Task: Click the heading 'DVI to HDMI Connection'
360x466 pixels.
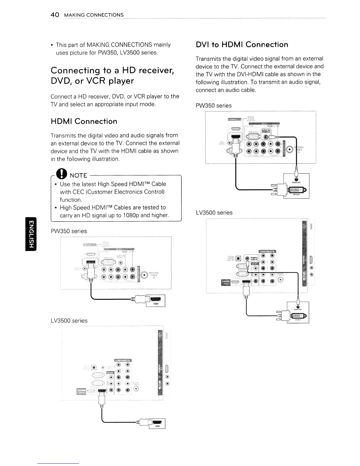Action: tap(242, 45)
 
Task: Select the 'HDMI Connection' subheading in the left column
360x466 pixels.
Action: tap(84, 122)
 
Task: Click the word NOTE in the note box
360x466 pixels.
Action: tap(79, 176)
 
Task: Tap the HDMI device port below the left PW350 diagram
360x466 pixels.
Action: tap(156, 299)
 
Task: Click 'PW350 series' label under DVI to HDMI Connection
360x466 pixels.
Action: tap(214, 106)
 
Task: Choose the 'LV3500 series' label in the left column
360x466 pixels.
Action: tap(69, 321)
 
